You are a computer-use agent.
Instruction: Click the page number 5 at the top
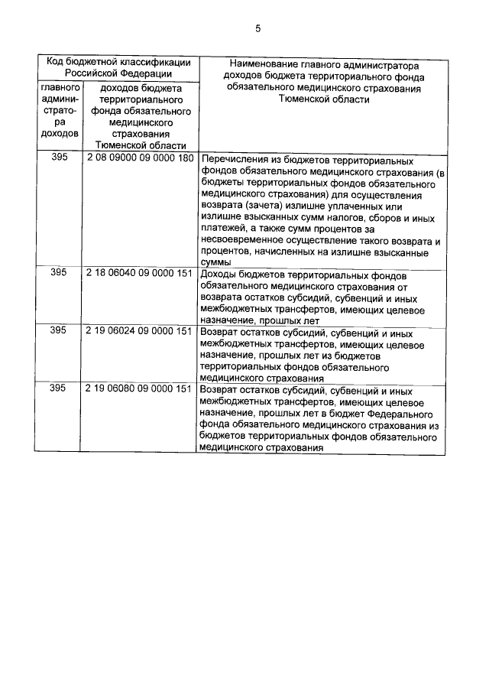(257, 29)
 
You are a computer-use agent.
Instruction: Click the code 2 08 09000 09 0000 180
(139, 157)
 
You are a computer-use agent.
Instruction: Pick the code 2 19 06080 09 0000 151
(139, 388)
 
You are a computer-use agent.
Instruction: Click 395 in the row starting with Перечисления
(58, 157)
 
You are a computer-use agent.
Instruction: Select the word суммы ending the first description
(215, 262)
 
